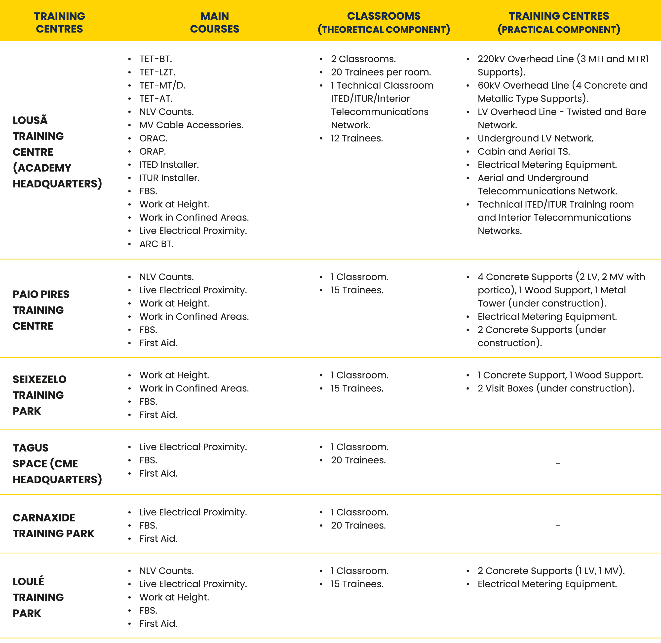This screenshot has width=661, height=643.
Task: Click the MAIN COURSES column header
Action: (214, 22)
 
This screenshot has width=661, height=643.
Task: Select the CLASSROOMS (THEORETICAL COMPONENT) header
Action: (384, 22)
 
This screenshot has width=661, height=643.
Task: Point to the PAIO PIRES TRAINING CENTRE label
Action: (41, 310)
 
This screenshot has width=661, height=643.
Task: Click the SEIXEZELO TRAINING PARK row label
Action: (39, 395)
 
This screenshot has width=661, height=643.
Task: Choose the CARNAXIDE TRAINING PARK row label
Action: (53, 526)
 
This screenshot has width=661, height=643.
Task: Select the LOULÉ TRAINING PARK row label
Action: (38, 597)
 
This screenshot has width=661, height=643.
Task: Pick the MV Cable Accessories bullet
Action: (191, 125)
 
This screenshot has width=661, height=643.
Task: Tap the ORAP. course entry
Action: (153, 151)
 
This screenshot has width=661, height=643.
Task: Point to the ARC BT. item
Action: (156, 244)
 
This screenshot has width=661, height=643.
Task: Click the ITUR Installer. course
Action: (169, 178)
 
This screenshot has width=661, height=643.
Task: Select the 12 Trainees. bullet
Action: (357, 138)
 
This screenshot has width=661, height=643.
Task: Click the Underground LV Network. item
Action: (535, 138)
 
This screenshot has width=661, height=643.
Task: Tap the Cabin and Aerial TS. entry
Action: (524, 151)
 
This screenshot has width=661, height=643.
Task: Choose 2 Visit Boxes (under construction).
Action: (556, 388)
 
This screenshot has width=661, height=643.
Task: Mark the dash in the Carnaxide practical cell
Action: (558, 526)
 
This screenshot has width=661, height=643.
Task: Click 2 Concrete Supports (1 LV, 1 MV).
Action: (551, 571)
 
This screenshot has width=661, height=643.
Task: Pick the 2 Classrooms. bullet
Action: (363, 59)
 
